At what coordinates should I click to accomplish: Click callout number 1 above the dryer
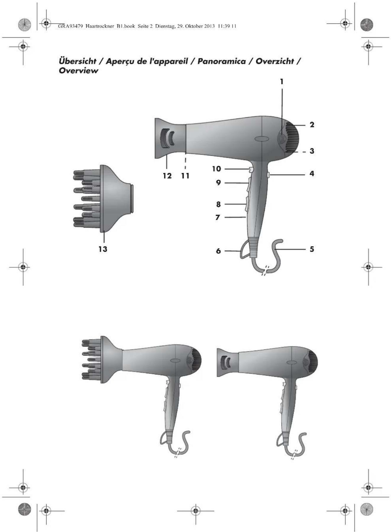point(282,82)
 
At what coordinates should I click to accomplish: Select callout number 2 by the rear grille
point(312,125)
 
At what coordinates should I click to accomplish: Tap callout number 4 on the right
point(311,173)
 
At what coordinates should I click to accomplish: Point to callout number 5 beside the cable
point(312,249)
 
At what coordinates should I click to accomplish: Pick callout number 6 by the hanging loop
point(218,251)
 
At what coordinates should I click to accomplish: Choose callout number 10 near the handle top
point(216,169)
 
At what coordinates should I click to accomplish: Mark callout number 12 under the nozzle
point(167,176)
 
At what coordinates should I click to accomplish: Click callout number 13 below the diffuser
point(103,249)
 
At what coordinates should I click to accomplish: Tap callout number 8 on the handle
point(218,204)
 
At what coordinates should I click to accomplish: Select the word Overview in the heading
point(78,71)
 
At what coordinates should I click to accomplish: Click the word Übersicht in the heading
point(78,61)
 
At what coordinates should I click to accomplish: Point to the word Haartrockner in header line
point(99,26)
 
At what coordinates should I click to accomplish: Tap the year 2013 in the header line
point(209,26)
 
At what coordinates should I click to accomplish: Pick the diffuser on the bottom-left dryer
point(101,359)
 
